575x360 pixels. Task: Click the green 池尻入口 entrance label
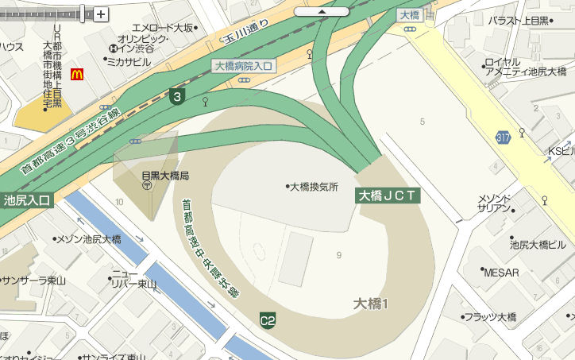tap(26, 199)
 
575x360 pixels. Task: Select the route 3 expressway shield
tap(178, 97)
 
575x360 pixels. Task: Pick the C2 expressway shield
tap(268, 320)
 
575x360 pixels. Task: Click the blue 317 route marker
tap(502, 137)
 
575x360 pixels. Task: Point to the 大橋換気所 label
tap(315, 187)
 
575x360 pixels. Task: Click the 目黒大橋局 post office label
tap(164, 175)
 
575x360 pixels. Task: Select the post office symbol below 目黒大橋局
tap(148, 186)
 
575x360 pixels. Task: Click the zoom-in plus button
tap(101, 14)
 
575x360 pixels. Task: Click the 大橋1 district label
tap(370, 303)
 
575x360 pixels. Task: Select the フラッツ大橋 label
tap(490, 317)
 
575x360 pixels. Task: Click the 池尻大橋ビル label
tap(538, 244)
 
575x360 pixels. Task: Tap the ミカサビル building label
tap(128, 61)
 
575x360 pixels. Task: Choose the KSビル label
tap(561, 151)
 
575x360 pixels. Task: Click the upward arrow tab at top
tap(321, 12)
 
